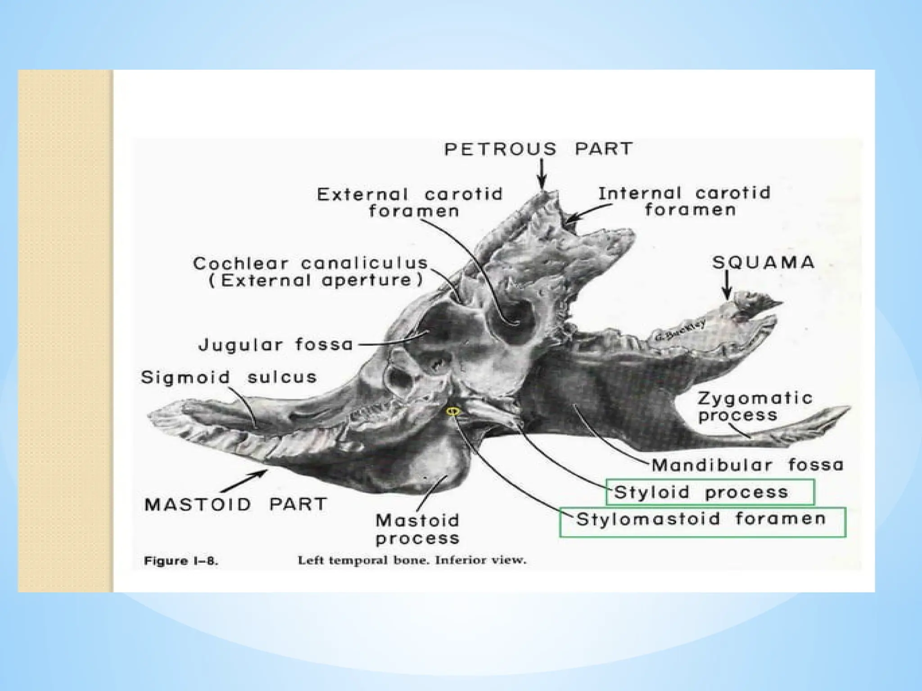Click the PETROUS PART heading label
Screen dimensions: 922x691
tap(538, 149)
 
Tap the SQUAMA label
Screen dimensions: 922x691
tap(763, 263)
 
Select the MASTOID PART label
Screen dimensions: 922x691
tap(235, 504)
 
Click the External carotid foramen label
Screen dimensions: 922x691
tap(410, 202)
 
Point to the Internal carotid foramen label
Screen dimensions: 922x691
tap(684, 201)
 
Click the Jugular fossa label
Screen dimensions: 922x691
tap(276, 345)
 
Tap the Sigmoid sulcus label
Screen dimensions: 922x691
tap(229, 377)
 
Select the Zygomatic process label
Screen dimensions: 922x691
tap(755, 406)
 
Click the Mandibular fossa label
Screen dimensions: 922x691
tap(747, 465)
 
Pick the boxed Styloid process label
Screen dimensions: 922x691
tap(701, 492)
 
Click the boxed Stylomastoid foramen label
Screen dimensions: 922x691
tap(701, 519)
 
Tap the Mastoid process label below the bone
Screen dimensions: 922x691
tap(417, 529)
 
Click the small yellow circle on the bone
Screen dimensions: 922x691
tap(452, 410)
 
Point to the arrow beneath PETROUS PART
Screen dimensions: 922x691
tap(542, 175)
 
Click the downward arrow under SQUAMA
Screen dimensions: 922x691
tap(726, 287)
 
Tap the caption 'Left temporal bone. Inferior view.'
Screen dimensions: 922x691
tap(411, 561)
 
